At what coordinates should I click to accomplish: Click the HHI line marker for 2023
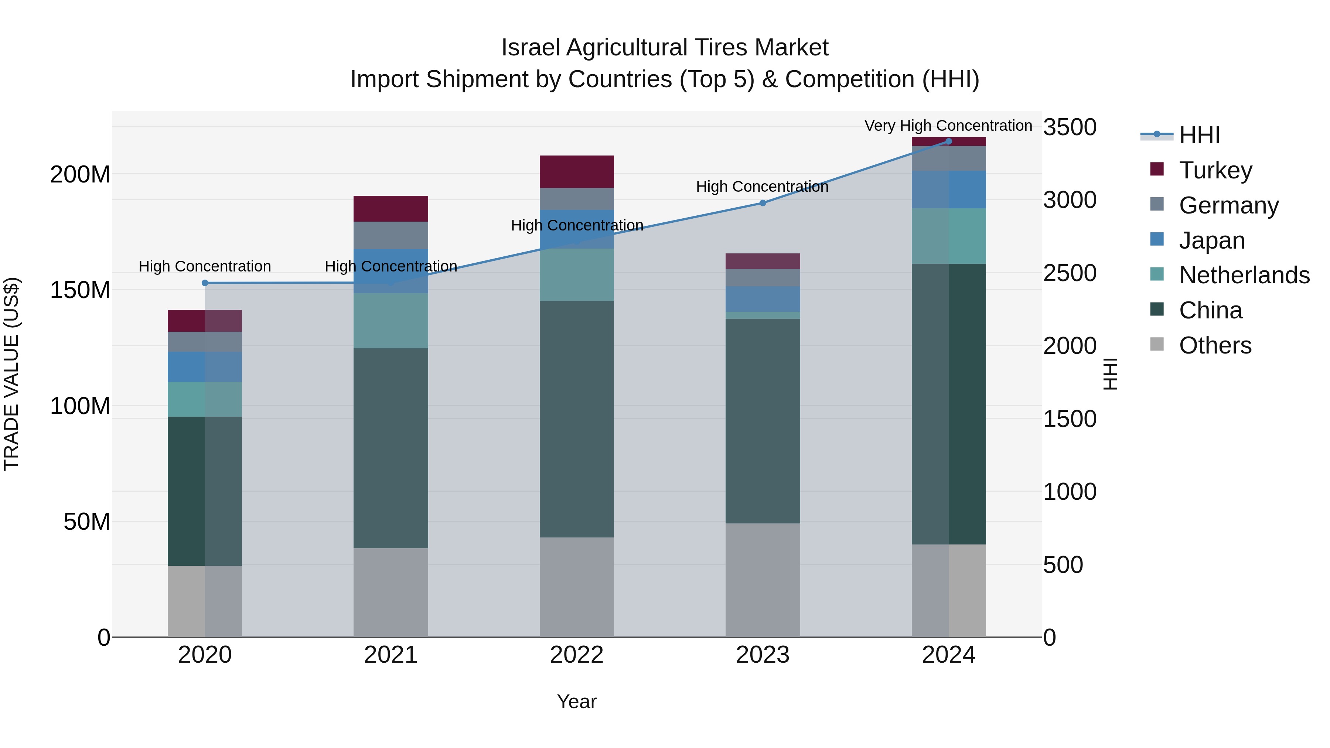763,203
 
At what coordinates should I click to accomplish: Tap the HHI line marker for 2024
948,141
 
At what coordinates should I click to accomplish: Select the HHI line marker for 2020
205,283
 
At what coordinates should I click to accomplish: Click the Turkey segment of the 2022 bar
577,171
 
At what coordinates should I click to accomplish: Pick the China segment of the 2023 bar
763,421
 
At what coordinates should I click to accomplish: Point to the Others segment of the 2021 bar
391,592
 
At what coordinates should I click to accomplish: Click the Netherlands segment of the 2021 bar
391,321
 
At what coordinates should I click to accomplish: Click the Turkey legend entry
1215,170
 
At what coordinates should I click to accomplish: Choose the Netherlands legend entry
1244,275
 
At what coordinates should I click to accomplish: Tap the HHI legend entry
1199,135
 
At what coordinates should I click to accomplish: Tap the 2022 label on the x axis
577,655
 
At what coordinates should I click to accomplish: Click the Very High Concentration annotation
948,126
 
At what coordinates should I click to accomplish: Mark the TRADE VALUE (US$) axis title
11,374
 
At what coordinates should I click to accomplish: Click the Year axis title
577,701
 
